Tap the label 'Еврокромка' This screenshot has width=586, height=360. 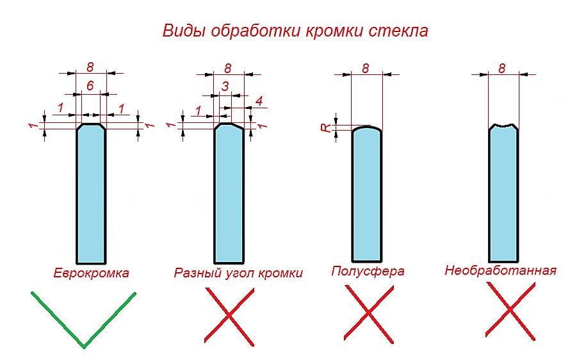91,273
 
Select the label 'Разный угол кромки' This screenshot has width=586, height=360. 238,273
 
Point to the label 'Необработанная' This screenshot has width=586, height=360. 500,270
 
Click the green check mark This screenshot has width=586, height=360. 83,320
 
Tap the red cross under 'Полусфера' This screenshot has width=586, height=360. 368,312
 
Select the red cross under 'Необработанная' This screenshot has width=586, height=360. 510,311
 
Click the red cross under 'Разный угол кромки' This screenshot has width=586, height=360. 229,314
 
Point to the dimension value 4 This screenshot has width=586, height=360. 259,101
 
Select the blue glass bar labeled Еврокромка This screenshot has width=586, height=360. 92,192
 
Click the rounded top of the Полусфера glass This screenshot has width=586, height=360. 367,129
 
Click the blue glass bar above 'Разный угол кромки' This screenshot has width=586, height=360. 229,192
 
